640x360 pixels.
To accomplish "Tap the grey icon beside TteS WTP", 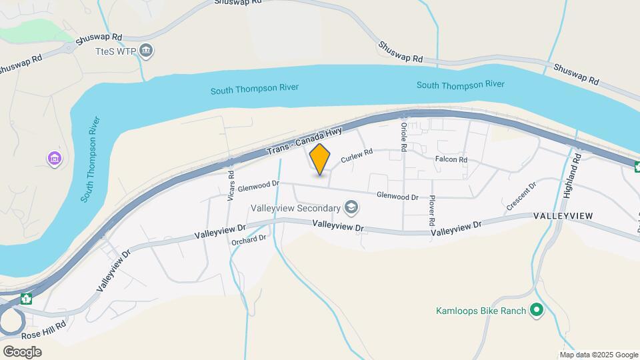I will (147, 51).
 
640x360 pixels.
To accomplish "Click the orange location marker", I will (320, 160).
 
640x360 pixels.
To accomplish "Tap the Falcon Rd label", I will (451, 160).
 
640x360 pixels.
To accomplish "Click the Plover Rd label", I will (432, 209).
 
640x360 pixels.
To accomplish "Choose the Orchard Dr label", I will (249, 240).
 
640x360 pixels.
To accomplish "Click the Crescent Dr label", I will (521, 197).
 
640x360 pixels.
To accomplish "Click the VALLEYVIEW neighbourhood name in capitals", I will (563, 216).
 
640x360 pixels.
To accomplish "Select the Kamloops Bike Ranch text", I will (480, 311).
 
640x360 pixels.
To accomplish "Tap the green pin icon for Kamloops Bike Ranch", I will (536, 310).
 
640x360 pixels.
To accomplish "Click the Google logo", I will (22, 351).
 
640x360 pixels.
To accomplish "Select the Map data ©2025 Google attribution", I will (599, 355).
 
